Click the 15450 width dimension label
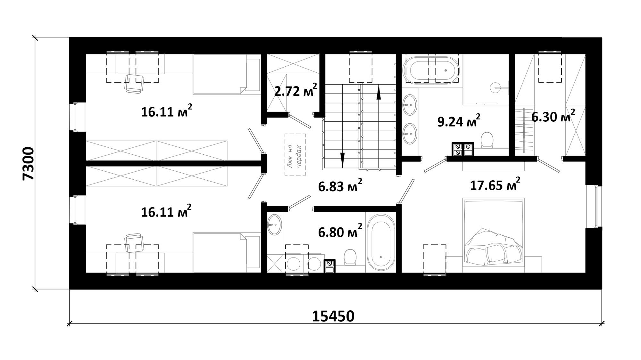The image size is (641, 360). click(x=333, y=316)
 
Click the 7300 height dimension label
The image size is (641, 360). click(x=28, y=164)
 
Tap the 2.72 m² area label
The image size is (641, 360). click(x=296, y=90)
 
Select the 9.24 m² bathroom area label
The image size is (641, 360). click(x=459, y=121)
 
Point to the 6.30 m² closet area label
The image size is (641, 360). click(x=553, y=116)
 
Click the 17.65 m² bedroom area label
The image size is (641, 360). click(x=495, y=184)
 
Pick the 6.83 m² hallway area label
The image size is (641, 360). click(x=340, y=185)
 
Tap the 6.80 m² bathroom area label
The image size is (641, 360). click(x=340, y=231)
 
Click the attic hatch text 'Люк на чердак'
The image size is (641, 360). click(x=295, y=154)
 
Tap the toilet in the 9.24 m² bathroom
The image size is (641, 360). click(x=487, y=140)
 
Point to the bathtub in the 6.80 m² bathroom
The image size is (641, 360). click(x=381, y=242)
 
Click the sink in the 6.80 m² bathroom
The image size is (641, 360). click(x=275, y=225)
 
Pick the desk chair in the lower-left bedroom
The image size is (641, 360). click(x=134, y=243)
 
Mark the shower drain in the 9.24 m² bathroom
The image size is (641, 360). click(x=496, y=86)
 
